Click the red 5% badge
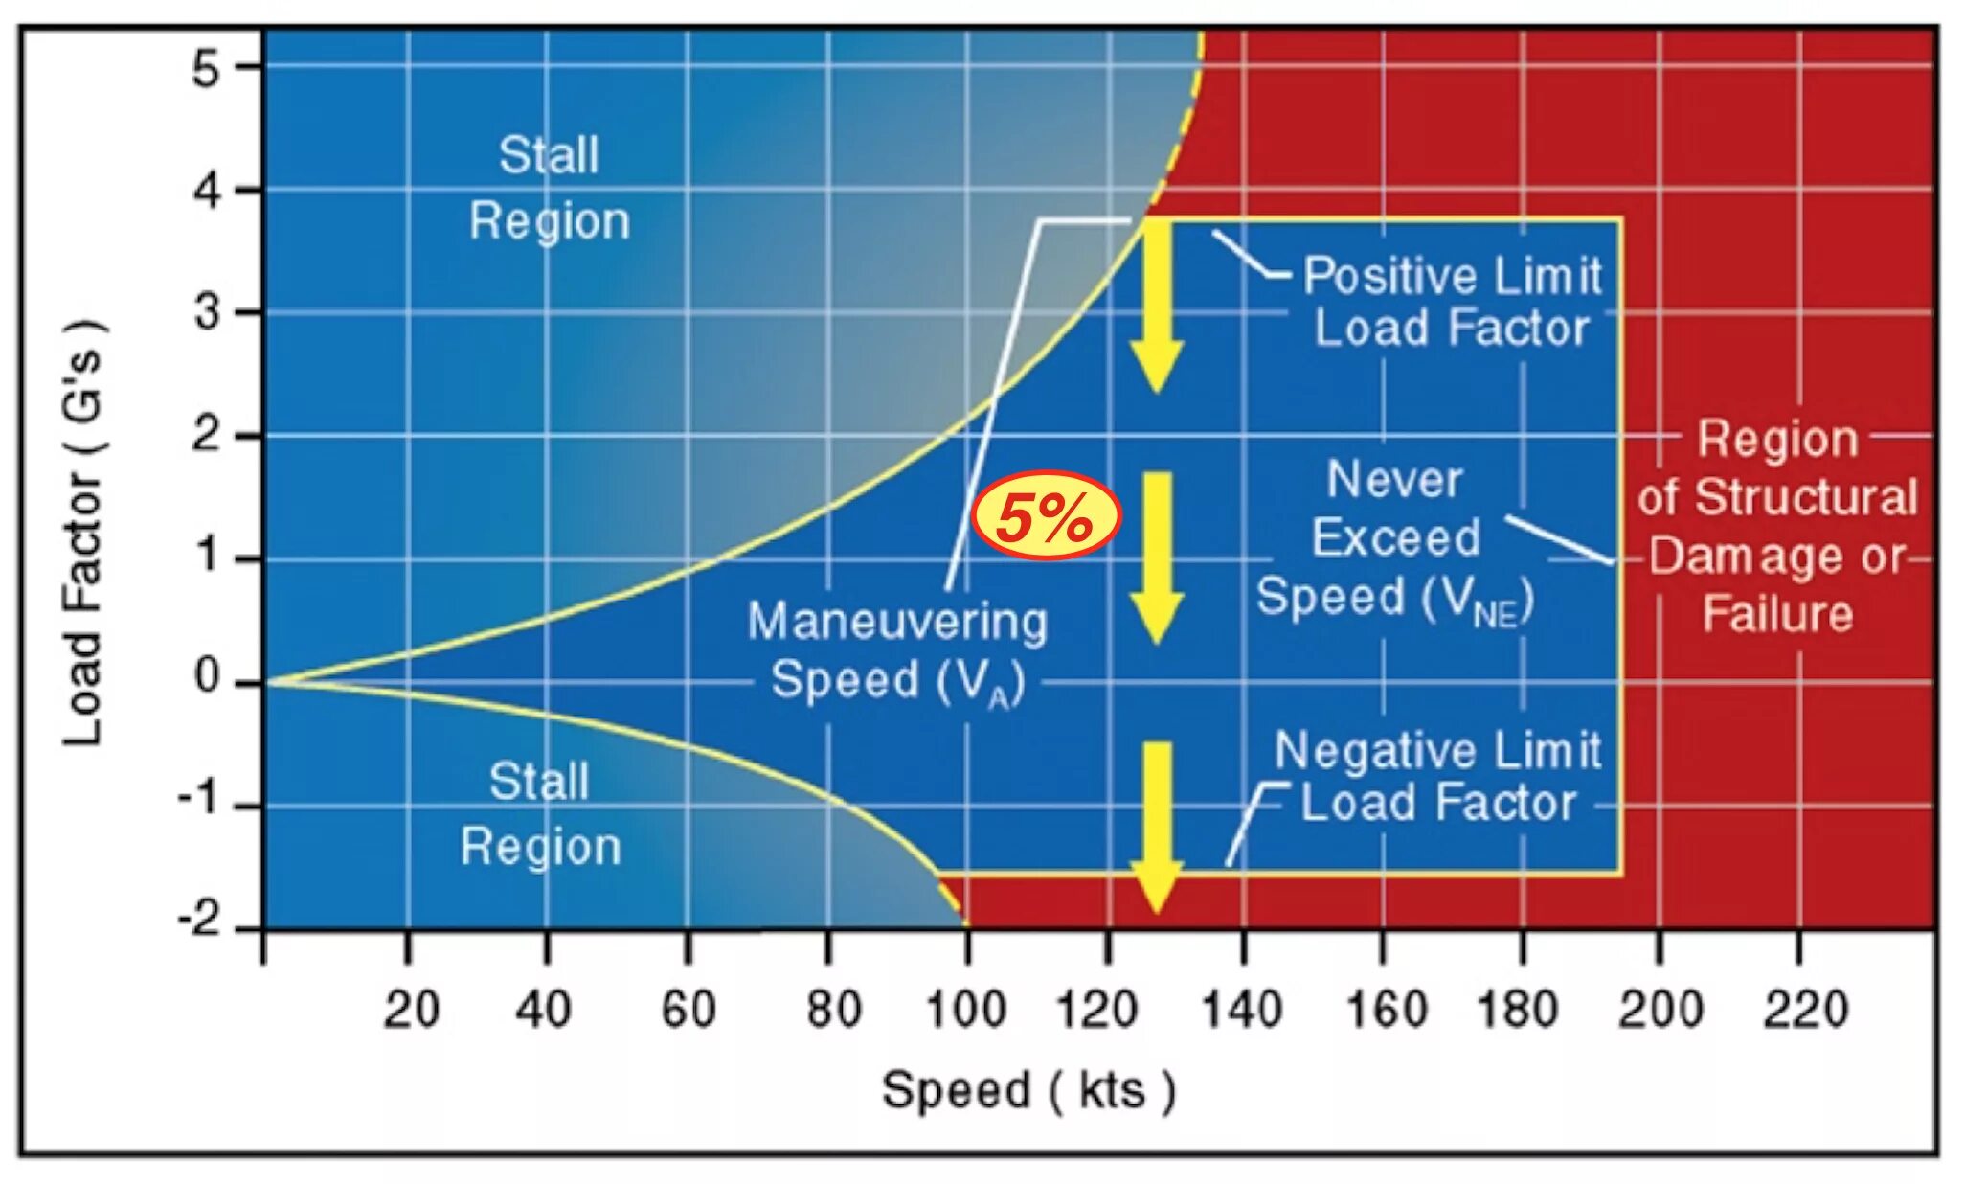1046,518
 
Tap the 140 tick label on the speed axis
1242,1011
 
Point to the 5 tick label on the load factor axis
206,69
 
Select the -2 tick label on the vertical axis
202,922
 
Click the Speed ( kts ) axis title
1028,1091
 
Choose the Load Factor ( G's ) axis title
84,532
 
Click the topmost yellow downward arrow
1157,307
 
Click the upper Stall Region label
550,188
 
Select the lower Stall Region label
541,814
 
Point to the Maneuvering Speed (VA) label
897,651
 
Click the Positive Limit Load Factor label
1452,302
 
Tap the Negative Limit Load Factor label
1438,777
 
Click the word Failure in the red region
1777,614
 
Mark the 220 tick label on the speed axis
1804,1011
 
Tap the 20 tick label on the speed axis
411,1011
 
